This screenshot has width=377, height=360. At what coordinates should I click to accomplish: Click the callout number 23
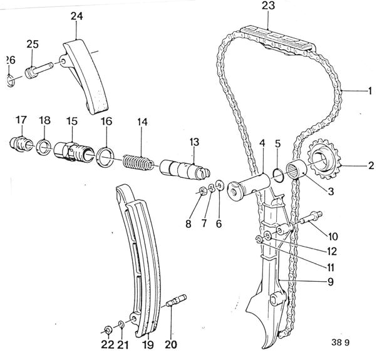[x=268, y=7]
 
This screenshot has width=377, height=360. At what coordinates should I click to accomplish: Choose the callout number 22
[x=107, y=344]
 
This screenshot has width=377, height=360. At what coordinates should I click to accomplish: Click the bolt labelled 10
[x=309, y=220]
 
